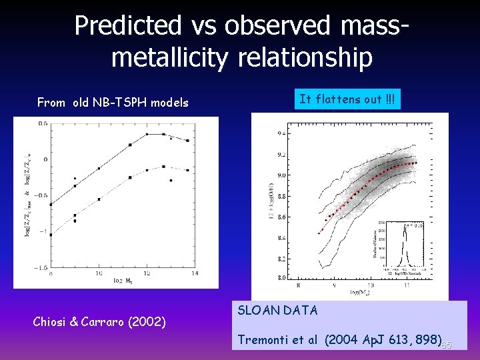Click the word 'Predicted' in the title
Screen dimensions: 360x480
[127, 26]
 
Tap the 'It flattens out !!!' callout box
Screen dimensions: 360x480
[347, 99]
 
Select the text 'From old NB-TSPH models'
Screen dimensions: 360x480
[113, 103]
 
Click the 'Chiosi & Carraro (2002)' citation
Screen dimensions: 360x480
[99, 322]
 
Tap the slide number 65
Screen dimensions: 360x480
[446, 345]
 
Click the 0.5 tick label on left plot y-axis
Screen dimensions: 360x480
[41, 124]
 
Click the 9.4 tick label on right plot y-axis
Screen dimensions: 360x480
[281, 134]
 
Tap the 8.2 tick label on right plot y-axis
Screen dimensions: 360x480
[281, 259]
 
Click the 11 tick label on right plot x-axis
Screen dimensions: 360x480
[406, 285]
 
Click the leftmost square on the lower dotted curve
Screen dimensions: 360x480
[51, 235]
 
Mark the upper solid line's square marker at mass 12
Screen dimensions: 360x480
[147, 134]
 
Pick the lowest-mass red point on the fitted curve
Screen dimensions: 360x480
[319, 233]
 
